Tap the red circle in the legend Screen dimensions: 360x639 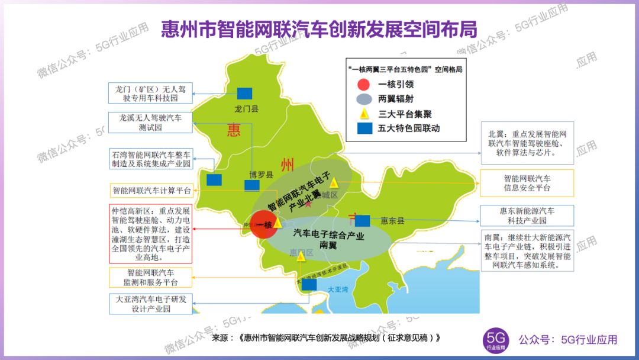(x=364, y=84)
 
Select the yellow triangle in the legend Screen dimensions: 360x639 (x=364, y=113)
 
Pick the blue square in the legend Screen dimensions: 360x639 (x=364, y=128)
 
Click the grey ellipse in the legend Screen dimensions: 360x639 (x=364, y=99)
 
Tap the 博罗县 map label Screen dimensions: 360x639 (x=260, y=175)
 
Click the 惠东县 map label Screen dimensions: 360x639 (x=392, y=221)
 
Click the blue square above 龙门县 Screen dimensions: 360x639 (x=244, y=93)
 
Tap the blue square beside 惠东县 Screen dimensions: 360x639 (x=362, y=221)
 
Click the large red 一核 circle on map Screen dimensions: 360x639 (x=264, y=225)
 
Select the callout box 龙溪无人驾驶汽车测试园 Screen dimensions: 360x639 (x=150, y=123)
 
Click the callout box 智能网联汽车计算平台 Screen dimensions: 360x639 (x=151, y=191)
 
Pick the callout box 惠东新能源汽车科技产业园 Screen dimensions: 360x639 (x=526, y=216)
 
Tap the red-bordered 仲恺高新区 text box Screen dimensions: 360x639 (x=150, y=234)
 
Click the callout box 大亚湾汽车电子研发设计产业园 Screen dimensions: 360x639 (x=150, y=304)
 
